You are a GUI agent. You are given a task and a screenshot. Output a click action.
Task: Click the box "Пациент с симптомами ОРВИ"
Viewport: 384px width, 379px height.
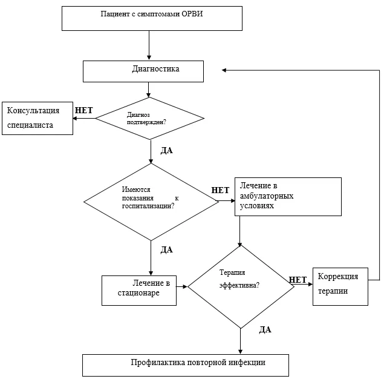[x=152, y=18]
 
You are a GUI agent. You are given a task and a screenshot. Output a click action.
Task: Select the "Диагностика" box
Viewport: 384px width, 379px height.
[x=143, y=71]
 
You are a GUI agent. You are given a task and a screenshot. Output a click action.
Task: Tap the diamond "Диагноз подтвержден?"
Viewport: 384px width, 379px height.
[x=149, y=119]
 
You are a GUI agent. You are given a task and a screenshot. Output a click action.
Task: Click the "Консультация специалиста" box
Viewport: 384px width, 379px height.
[x=37, y=118]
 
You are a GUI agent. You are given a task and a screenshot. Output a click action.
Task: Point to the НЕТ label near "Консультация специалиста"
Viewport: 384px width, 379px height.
[x=84, y=110]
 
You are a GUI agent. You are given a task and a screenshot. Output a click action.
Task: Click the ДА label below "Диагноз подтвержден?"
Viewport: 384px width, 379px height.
[x=166, y=150]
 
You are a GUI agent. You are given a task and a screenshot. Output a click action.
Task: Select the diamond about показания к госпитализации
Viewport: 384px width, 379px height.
[x=151, y=202]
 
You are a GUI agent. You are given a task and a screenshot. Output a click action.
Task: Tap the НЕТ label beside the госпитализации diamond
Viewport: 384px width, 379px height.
[x=220, y=190]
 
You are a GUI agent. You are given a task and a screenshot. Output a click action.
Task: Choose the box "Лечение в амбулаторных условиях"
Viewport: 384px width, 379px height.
[x=288, y=197]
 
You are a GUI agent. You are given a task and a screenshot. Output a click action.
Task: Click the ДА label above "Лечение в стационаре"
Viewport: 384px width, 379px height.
[x=166, y=249]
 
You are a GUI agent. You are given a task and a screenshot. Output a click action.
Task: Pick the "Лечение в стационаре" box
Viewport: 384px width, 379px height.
[x=139, y=291]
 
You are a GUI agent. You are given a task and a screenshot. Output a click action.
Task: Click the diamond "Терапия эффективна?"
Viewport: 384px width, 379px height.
[x=241, y=286]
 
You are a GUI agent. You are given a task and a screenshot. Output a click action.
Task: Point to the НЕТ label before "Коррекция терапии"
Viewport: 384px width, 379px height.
[x=298, y=280]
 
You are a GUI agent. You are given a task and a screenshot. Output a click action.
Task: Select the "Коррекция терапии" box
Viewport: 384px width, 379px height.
[x=340, y=286]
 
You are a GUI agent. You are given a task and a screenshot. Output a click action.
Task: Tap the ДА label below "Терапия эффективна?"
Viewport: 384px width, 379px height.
[x=265, y=330]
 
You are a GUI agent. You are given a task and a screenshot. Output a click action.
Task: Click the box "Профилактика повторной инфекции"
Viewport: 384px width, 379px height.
[x=186, y=365]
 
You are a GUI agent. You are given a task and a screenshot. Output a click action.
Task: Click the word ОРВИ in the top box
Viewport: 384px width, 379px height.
[x=192, y=14]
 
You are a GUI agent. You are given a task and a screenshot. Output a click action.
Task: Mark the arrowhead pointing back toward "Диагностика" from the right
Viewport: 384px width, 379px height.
[x=224, y=70]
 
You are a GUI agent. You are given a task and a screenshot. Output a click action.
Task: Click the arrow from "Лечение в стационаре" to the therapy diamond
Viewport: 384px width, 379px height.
[x=181, y=286]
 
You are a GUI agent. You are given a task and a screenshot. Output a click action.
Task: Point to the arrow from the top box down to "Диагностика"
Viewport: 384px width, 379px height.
[x=149, y=45]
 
